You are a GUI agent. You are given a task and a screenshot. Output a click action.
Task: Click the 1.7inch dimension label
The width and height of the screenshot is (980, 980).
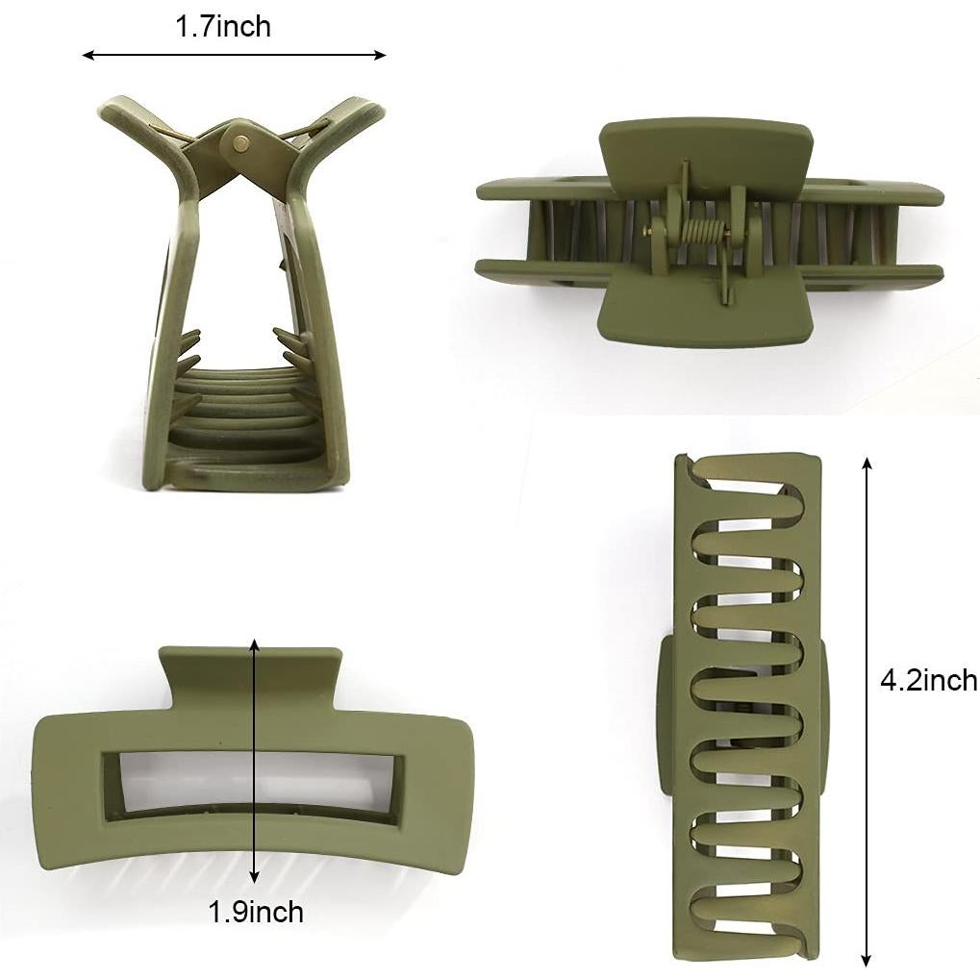click(223, 27)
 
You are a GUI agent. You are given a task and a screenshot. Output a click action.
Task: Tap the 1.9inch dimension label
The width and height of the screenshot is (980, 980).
click(256, 912)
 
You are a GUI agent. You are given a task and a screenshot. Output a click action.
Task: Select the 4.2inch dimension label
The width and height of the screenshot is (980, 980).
click(928, 681)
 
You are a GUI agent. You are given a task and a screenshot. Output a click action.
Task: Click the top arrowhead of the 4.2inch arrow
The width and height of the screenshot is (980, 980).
click(867, 464)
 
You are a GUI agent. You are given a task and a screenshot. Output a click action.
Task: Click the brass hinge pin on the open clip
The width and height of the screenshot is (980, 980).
click(239, 143)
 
